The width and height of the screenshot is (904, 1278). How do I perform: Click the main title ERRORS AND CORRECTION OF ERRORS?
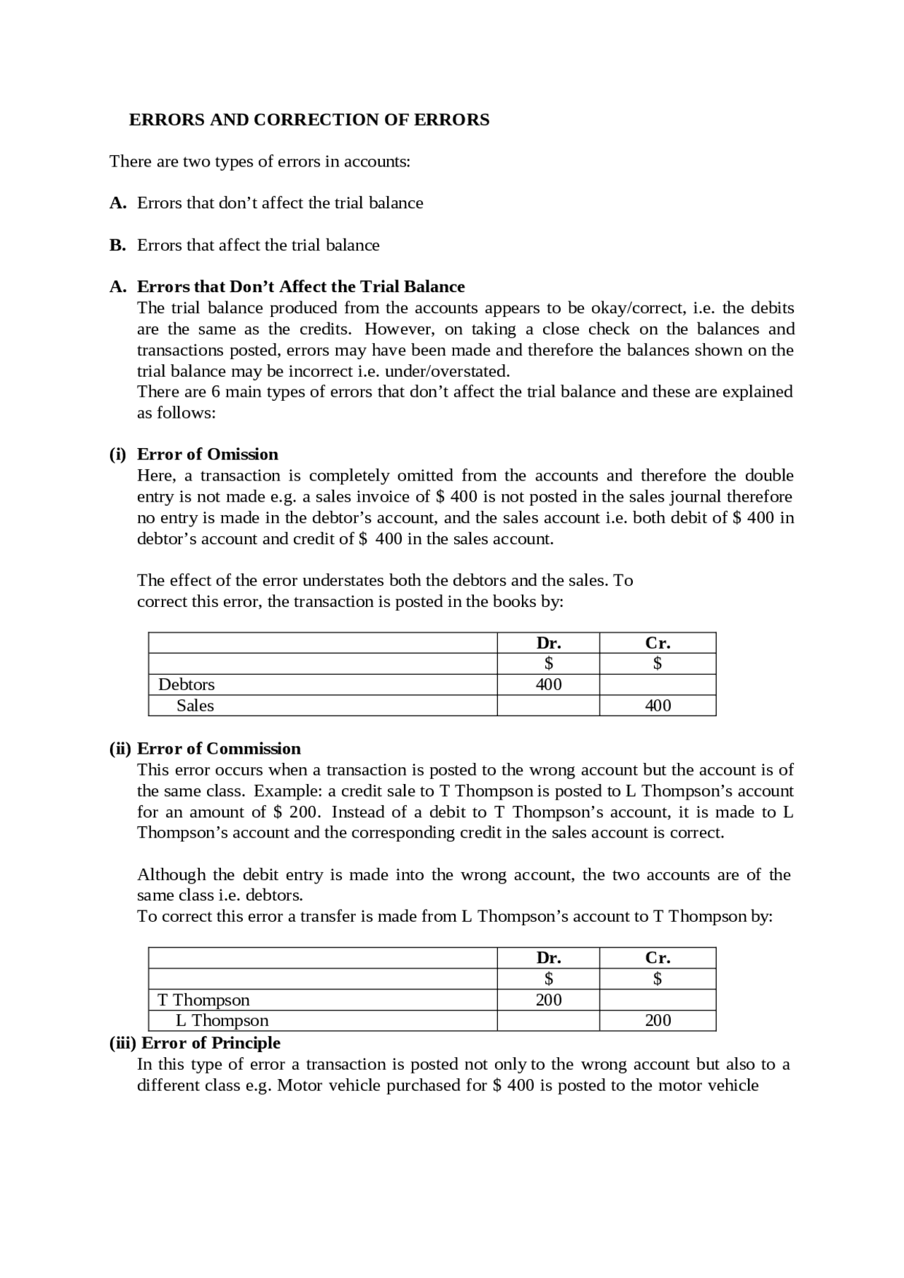point(309,120)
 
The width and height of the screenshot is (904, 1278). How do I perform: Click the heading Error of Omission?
point(207,454)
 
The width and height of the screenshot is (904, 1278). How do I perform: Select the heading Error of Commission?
point(218,748)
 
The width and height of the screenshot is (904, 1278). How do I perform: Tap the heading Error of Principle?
point(210,1043)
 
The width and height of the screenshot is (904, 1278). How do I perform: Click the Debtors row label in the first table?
point(186,685)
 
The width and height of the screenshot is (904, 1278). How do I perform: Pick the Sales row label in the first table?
point(195,706)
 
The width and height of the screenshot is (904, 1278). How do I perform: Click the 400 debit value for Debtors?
point(548,685)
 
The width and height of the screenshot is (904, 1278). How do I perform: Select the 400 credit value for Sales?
point(658,706)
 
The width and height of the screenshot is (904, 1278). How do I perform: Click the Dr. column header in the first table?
point(548,643)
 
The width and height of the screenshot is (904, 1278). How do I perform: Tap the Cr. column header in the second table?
point(658,958)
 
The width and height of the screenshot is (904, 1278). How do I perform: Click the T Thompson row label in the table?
point(203,1000)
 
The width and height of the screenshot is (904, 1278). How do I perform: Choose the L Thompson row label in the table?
point(222,1020)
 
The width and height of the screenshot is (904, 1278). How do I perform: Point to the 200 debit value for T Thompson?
point(548,1000)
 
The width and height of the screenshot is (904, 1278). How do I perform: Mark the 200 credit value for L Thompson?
point(658,1020)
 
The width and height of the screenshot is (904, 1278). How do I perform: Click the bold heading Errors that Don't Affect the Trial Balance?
point(301,287)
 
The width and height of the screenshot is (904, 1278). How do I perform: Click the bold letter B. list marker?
point(117,245)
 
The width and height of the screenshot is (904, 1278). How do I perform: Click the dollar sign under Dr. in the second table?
point(548,978)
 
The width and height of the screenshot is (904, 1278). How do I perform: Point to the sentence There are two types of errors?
point(260,162)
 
